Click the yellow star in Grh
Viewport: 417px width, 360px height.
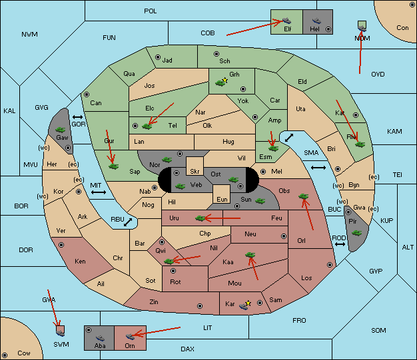(225, 80)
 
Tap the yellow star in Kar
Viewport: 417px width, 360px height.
(248, 303)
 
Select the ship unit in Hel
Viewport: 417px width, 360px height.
(316, 21)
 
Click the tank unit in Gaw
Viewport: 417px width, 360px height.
(61, 130)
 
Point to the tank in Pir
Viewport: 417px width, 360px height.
(356, 233)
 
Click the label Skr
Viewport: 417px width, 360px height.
(195, 172)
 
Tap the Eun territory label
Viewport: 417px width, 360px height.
(222, 199)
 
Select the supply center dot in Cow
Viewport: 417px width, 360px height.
(5, 355)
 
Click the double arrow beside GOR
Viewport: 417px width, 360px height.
(77, 117)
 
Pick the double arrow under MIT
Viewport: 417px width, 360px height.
(99, 192)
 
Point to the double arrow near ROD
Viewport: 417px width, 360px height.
(340, 244)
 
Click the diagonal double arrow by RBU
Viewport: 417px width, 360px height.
(128, 222)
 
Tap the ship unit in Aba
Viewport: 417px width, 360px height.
(100, 338)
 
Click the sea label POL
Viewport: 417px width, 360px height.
(151, 11)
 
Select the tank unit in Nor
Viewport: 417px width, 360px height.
(167, 160)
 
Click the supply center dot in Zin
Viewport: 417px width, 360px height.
(200, 306)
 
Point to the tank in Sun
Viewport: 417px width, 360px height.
(260, 201)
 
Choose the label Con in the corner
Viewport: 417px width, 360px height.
(402, 28)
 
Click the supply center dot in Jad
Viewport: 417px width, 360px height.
(158, 57)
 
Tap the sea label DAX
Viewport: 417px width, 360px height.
(187, 349)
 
